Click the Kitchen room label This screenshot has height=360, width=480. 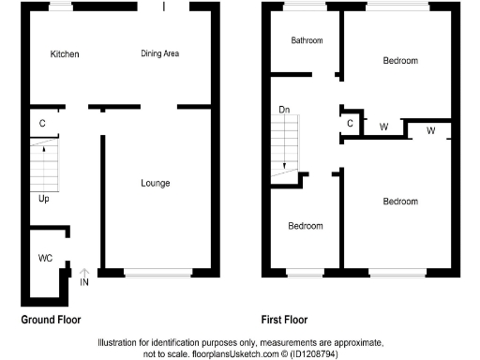[65, 54]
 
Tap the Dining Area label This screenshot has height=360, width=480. [159, 53]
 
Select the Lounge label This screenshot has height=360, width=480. [155, 183]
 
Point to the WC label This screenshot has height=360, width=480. [45, 257]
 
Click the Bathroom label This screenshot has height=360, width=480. [307, 41]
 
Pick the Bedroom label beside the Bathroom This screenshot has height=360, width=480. [400, 60]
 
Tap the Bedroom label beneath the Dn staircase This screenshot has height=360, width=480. [306, 226]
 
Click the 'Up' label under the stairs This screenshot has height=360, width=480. [44, 199]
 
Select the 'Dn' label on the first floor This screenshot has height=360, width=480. [284, 112]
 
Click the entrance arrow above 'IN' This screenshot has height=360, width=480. [84, 272]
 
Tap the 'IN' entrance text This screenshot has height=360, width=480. [84, 282]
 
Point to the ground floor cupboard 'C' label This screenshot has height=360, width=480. [43, 123]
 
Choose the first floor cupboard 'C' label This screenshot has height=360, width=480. [350, 123]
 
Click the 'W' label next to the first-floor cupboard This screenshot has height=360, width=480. [383, 127]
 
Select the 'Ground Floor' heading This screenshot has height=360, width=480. [51, 319]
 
